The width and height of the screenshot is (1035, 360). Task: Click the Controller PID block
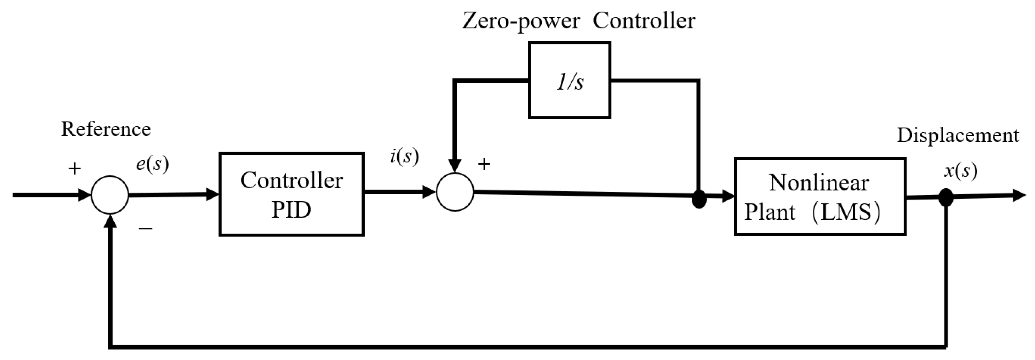tap(291, 194)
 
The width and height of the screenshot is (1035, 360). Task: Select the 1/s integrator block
tap(569, 81)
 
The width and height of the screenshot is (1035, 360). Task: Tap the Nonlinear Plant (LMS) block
tap(819, 196)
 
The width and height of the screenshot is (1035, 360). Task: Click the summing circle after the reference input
tap(110, 195)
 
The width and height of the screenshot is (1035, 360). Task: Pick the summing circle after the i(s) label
tap(455, 192)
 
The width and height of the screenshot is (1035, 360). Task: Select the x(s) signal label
tap(960, 171)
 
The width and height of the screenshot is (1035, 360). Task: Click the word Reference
tap(106, 129)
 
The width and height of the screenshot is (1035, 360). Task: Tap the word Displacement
tap(958, 135)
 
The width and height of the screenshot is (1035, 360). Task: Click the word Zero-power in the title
tap(521, 21)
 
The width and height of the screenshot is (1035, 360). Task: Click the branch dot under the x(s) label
tap(946, 197)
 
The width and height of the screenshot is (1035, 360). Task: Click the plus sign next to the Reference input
tap(74, 169)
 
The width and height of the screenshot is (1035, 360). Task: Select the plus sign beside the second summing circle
tap(484, 164)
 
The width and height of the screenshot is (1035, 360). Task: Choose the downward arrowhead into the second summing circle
tap(455, 165)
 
